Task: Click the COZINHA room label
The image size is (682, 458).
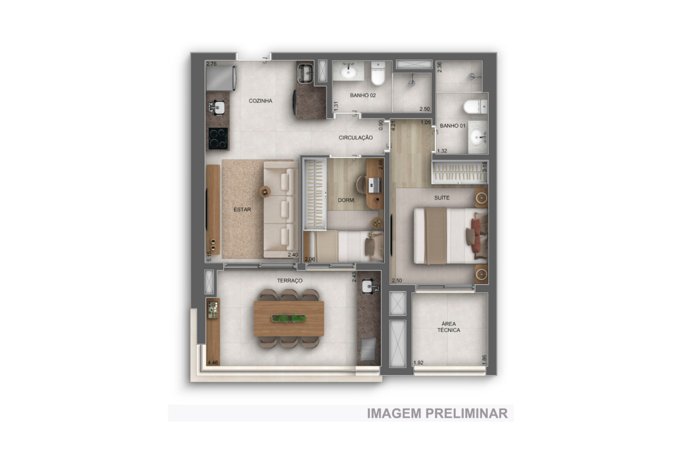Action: click(261, 100)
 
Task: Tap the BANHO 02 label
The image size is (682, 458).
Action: click(363, 95)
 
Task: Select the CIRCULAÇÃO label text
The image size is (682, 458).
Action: click(356, 138)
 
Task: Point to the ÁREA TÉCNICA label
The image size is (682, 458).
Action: click(448, 327)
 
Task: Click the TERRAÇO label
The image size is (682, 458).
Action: click(290, 281)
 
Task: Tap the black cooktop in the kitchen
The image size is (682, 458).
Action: click(218, 138)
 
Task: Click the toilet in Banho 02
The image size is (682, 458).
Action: click(378, 73)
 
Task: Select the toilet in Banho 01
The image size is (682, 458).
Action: click(476, 107)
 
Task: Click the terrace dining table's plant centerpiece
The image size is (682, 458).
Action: click(289, 319)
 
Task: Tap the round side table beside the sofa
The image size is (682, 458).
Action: click(265, 191)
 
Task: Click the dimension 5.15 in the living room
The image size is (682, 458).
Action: click(209, 256)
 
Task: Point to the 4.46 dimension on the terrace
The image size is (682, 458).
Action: click(213, 362)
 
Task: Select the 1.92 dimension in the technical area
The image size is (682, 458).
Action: click(419, 362)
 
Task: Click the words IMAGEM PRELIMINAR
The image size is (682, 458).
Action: click(437, 413)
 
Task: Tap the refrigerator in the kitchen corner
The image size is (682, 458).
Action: click(222, 78)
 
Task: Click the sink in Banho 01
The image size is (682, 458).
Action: click(478, 138)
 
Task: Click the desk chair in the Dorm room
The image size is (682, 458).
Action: click(361, 184)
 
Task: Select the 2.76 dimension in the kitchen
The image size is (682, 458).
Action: click(212, 64)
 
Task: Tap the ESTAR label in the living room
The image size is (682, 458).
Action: click(242, 209)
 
